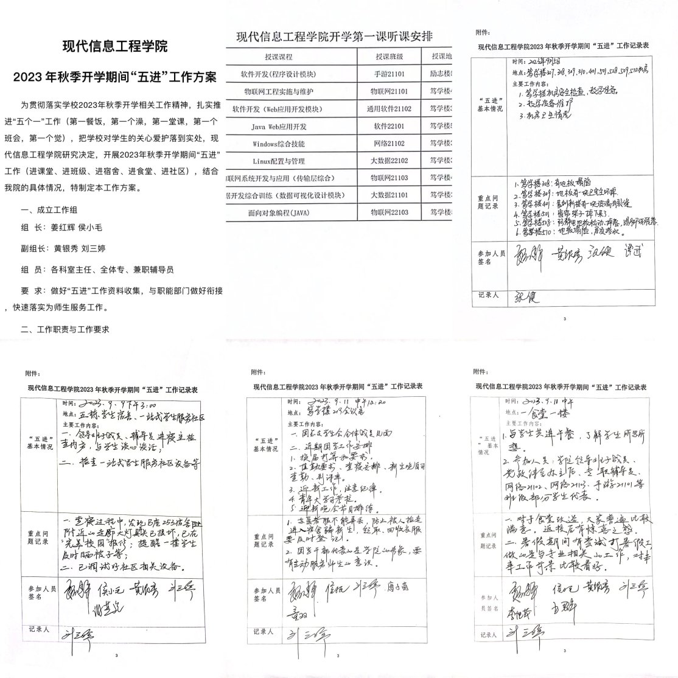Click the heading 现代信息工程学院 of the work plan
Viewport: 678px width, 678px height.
point(115,46)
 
